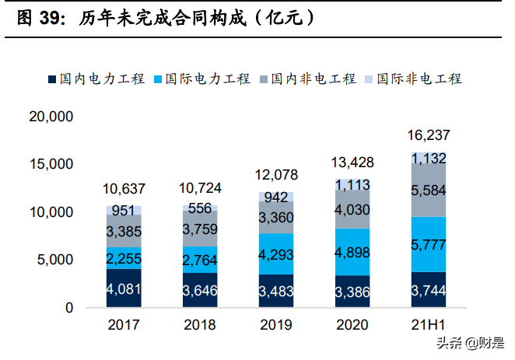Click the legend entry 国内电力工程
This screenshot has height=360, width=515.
[x=97, y=79]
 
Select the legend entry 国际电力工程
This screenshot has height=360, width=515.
[x=203, y=79]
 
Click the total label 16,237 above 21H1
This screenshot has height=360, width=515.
[x=429, y=135]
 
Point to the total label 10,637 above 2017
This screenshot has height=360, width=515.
[x=124, y=189]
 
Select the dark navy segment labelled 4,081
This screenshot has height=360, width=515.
[x=124, y=288]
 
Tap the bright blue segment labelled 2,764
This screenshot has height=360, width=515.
[x=200, y=260]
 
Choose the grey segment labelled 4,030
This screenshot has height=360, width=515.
[x=352, y=210]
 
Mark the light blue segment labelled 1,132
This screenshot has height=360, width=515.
[x=429, y=158]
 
